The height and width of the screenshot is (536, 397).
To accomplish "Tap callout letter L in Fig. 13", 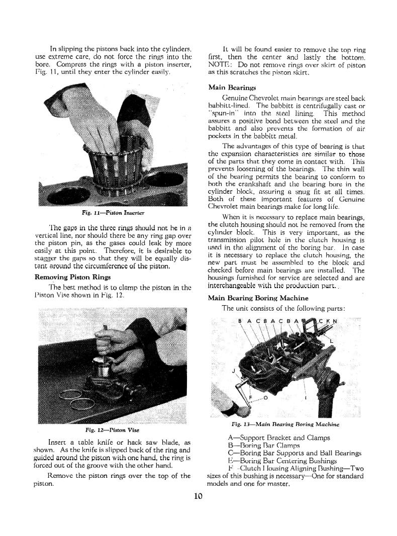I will pos(332,342).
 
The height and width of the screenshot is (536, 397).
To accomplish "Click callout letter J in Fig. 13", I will pos(234,371).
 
